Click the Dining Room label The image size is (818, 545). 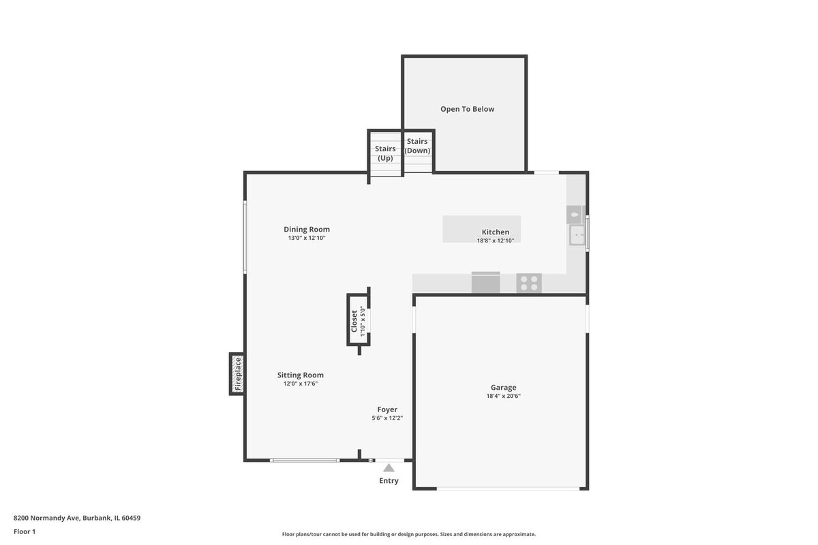click(x=307, y=230)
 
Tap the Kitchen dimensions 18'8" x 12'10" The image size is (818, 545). click(x=496, y=240)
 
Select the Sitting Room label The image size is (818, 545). click(x=300, y=375)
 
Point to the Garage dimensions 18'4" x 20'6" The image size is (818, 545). click(x=503, y=396)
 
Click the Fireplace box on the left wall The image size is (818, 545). click(x=237, y=374)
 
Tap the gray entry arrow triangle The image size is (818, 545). click(x=389, y=467)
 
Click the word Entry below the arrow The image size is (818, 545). click(x=389, y=481)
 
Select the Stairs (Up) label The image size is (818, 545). click(x=385, y=153)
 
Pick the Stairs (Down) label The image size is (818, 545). click(x=417, y=146)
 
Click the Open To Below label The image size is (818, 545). click(x=467, y=109)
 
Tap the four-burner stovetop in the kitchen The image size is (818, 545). click(x=529, y=283)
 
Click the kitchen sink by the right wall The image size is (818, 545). click(x=577, y=235)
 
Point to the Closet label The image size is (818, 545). click(x=354, y=322)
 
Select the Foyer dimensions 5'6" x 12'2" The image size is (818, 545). click(x=387, y=418)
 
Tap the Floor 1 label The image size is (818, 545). click(x=25, y=531)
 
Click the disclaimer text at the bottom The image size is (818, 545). click(x=408, y=534)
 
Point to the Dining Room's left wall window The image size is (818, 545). click(x=245, y=237)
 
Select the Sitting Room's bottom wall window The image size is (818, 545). click(x=305, y=461)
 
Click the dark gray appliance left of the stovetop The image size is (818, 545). click(x=485, y=283)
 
